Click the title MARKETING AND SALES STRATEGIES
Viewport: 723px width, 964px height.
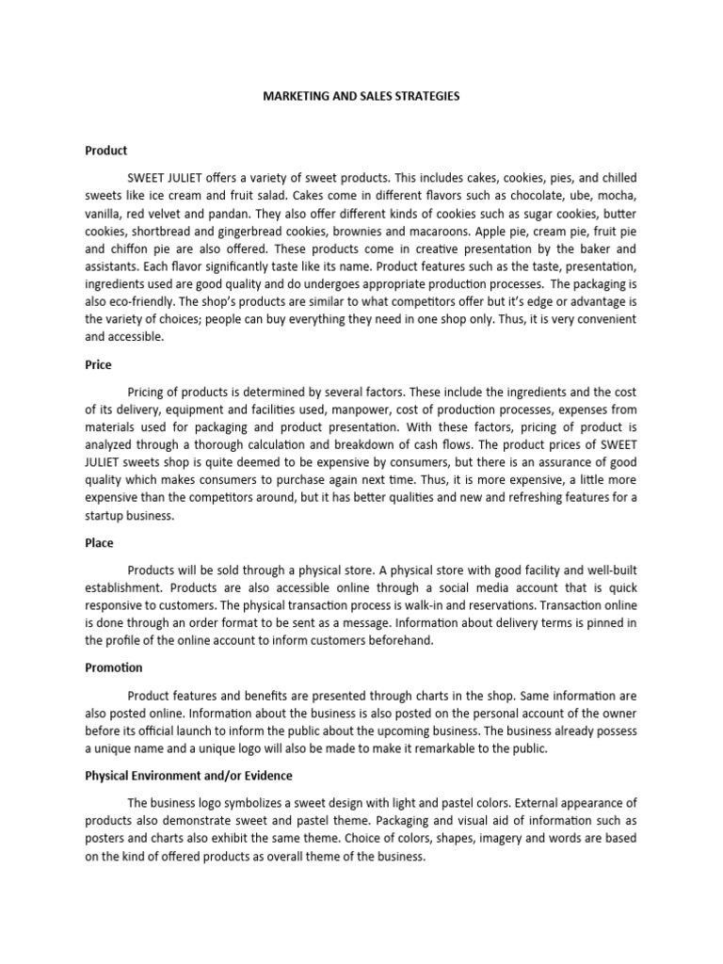coord(361,97)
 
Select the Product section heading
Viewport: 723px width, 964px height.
coord(105,150)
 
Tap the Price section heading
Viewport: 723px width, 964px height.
coord(98,365)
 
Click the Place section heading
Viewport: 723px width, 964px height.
coord(99,543)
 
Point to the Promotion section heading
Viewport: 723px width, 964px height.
coord(114,667)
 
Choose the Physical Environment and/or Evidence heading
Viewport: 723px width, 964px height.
coord(188,775)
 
